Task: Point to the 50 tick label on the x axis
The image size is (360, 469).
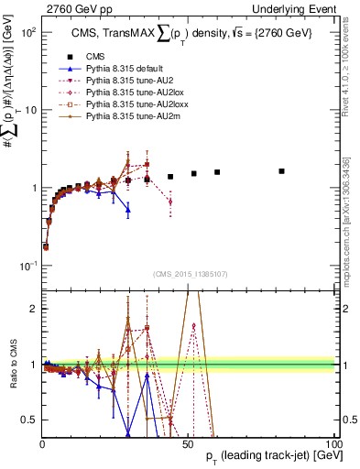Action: point(189,443)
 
